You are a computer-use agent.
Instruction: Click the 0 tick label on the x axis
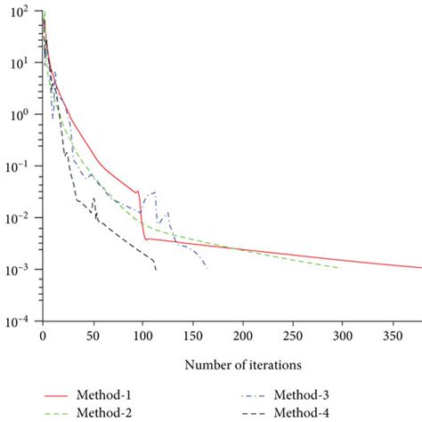42,337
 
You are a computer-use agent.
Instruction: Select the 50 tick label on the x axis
93,337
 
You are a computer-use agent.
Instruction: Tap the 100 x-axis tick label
142,337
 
